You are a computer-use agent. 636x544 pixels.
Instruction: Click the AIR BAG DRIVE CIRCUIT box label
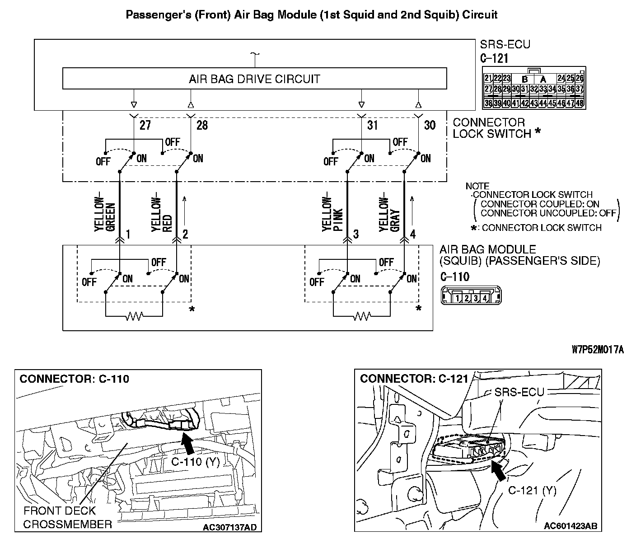tap(254, 79)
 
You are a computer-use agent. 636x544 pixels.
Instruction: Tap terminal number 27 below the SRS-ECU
tap(145, 125)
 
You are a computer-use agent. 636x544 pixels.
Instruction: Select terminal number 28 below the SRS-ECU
tap(202, 125)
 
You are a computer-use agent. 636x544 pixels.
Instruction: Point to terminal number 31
tap(372, 125)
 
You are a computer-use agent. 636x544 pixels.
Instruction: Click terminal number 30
tap(430, 125)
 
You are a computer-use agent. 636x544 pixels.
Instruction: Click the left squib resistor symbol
tap(134, 316)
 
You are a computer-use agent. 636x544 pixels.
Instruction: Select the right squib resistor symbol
tap(361, 316)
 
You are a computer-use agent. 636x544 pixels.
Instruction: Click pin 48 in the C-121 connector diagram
tap(580, 103)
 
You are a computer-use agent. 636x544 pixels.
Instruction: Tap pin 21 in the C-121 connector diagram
tap(488, 78)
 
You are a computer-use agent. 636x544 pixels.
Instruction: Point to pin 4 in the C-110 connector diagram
tap(485, 298)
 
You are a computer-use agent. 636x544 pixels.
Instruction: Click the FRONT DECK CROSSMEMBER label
tap(68, 517)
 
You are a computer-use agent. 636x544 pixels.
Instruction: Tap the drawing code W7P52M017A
tap(597, 350)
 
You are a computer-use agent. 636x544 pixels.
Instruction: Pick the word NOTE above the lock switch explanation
tap(477, 186)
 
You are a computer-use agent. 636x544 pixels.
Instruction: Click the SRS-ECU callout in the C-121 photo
tap(519, 392)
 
